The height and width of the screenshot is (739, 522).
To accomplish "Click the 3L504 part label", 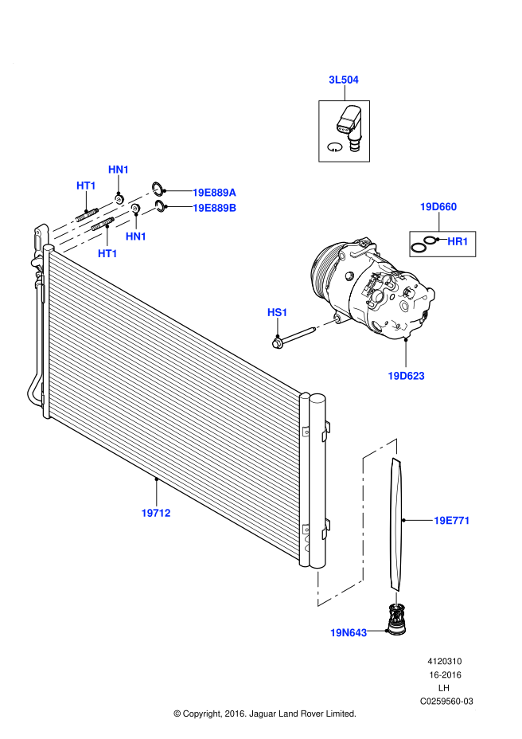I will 344,80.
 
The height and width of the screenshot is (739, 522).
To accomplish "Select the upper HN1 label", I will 119,170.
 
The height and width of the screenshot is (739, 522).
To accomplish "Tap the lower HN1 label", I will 136,237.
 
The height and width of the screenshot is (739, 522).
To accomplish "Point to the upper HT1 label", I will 86,186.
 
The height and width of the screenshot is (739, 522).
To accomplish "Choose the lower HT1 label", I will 107,254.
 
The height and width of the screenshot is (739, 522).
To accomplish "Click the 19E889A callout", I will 214,193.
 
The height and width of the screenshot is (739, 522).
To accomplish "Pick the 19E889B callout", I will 214,208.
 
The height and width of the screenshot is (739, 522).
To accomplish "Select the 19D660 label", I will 438,207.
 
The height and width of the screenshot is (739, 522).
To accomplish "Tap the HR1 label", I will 458,241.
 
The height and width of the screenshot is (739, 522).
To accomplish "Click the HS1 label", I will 277,312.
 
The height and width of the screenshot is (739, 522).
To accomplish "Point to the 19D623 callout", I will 406,376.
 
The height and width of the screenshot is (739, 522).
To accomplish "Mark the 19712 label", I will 156,513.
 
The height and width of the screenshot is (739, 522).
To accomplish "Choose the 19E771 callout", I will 451,521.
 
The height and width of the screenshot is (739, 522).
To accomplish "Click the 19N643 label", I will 349,633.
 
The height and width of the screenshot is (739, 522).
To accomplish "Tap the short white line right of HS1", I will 327,323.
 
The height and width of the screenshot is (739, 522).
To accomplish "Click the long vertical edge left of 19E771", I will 363,518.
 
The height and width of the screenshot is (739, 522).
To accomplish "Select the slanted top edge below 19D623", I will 380,448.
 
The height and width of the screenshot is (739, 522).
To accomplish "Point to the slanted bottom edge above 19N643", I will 340,593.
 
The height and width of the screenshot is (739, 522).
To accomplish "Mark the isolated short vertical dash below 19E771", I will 396,599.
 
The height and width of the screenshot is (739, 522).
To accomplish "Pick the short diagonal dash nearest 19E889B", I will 150,211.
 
